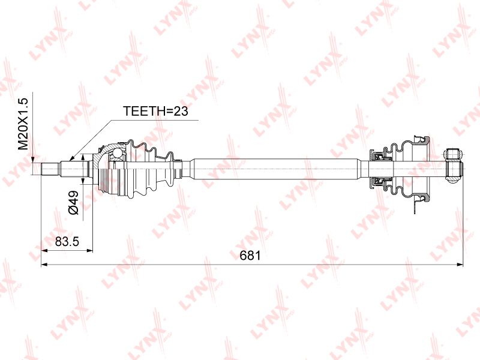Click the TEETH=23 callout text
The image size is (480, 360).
[155, 111]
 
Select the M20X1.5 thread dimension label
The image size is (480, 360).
[23, 124]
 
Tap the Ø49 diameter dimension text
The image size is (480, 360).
[73, 202]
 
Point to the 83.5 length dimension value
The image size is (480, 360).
[67, 242]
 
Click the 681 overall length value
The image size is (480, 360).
[250, 256]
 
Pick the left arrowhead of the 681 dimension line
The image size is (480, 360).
[44, 264]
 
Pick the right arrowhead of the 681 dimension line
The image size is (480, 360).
[460, 264]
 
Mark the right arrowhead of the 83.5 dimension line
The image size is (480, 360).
[89, 250]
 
